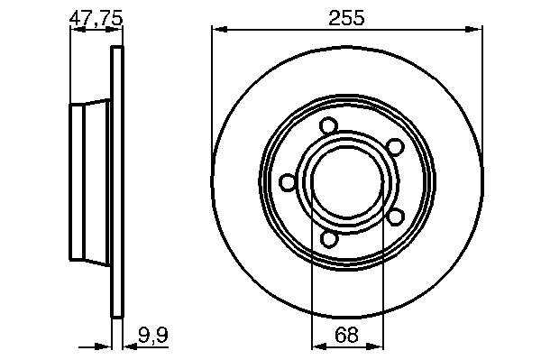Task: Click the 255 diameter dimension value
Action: coord(346,18)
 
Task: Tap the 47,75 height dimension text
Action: coord(96,18)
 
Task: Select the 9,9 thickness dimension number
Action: coord(153,335)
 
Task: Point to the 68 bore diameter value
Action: coord(347,335)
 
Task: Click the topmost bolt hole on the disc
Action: coord(328,125)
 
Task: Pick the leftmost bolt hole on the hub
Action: coord(288,182)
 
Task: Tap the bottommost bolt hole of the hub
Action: coord(329,239)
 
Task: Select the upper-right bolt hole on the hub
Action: coord(395,147)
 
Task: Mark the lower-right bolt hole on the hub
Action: coord(396,217)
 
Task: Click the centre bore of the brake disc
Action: coord(347,183)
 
